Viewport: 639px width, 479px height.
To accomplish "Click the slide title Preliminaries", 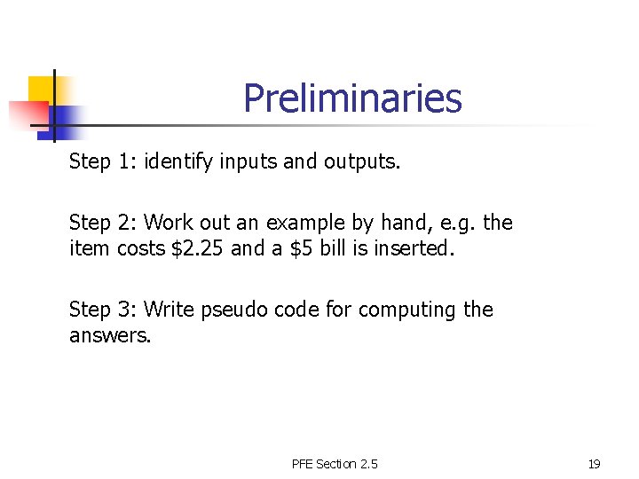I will click(352, 98).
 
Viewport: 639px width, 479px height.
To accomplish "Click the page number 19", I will click(595, 464).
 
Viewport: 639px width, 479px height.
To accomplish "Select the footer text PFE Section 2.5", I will click(334, 464).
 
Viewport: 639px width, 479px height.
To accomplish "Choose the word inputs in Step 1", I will click(247, 162).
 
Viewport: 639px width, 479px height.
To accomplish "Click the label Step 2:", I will click(103, 223).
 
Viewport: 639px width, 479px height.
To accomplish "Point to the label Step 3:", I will click(103, 310).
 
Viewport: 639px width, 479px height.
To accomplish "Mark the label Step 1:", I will click(103, 162).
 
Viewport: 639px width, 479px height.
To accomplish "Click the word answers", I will click(110, 336).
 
